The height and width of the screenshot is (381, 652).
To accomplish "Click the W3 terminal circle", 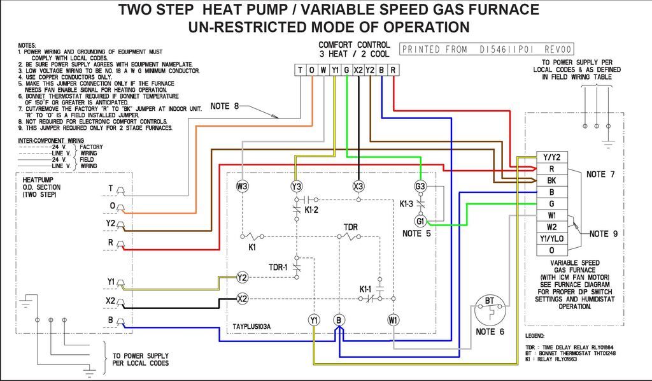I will pyautogui.click(x=242, y=186).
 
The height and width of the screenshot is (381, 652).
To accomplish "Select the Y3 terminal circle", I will pyautogui.click(x=296, y=186).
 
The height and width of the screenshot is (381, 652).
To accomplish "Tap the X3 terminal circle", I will pyautogui.click(x=358, y=186).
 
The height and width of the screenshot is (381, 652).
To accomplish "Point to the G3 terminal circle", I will pyautogui.click(x=420, y=187).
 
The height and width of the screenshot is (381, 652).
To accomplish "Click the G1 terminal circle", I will pyautogui.click(x=420, y=221).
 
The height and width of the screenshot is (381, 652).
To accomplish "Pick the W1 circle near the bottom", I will pyautogui.click(x=393, y=319).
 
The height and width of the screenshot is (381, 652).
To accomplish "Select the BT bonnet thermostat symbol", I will pyautogui.click(x=490, y=311).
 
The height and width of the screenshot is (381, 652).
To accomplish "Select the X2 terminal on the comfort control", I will pyautogui.click(x=358, y=70).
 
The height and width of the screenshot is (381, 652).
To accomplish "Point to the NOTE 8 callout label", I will pyautogui.click(x=225, y=106).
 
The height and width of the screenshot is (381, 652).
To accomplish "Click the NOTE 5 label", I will pyautogui.click(x=417, y=234).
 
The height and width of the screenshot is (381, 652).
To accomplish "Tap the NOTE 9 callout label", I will pyautogui.click(x=603, y=234).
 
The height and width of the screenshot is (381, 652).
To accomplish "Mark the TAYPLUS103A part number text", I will pyautogui.click(x=252, y=326).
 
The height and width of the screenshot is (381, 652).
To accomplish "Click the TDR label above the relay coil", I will pyautogui.click(x=351, y=227).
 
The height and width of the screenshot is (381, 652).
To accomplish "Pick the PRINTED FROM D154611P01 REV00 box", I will pyautogui.click(x=487, y=49).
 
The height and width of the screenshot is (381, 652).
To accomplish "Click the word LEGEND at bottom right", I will pyautogui.click(x=535, y=335).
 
